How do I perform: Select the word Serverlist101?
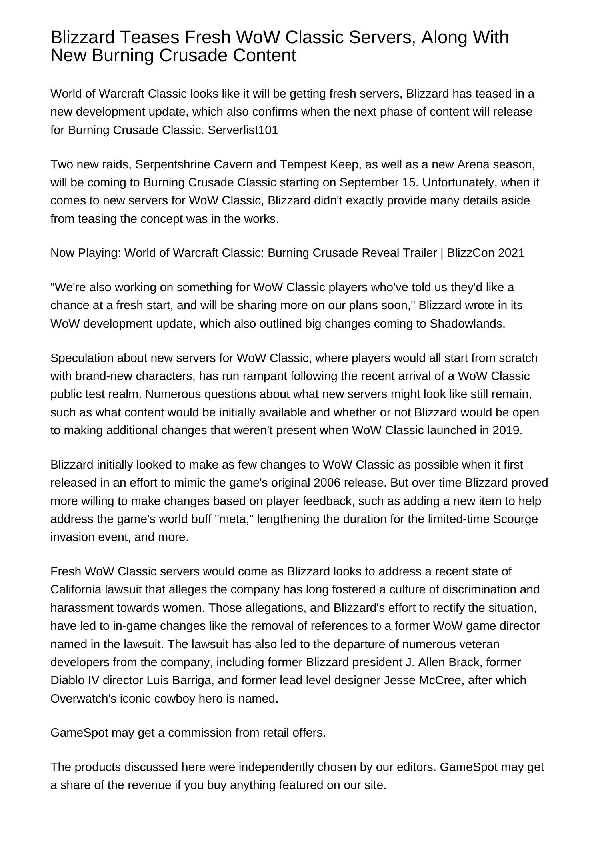click(x=243, y=130)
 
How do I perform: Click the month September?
click(x=368, y=182)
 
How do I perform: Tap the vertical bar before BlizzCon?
click(x=442, y=253)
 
